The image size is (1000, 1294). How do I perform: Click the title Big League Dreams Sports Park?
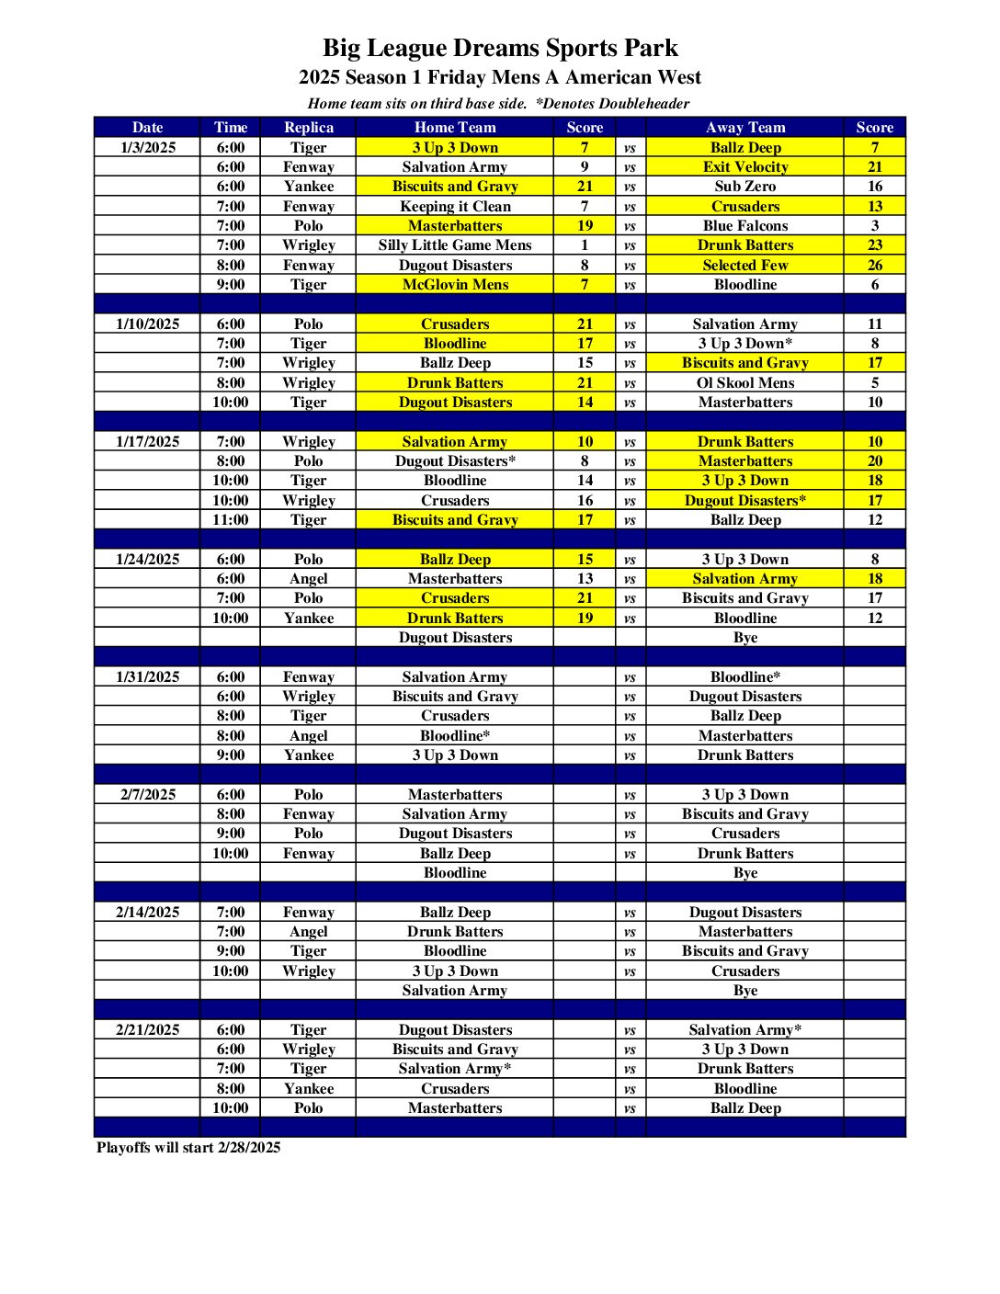(x=500, y=48)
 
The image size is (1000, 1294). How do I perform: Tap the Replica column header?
(x=308, y=128)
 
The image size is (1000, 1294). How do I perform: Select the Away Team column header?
(x=744, y=128)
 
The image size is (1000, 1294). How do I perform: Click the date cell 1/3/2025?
(x=147, y=147)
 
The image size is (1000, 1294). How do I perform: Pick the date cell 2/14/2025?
(x=147, y=912)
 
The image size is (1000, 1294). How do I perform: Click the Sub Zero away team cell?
(x=744, y=187)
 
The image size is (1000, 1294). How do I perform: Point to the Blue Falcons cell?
(x=744, y=225)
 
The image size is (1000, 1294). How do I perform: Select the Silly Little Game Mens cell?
(x=454, y=245)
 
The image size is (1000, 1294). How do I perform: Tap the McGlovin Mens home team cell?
(x=454, y=285)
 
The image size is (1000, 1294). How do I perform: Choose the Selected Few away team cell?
(x=744, y=265)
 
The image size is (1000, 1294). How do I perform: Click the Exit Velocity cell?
(x=744, y=167)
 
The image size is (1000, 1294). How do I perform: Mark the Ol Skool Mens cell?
(x=744, y=382)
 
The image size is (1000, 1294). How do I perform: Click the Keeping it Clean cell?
(x=454, y=206)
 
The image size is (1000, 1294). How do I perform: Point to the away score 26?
(x=874, y=265)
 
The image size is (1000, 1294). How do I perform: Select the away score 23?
(x=874, y=245)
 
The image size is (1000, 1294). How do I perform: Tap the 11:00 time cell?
(x=230, y=520)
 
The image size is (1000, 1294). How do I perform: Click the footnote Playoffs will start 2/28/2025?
(x=188, y=1147)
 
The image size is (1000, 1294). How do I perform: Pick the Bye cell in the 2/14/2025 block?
(x=744, y=991)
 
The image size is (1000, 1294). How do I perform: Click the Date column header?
(x=147, y=128)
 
